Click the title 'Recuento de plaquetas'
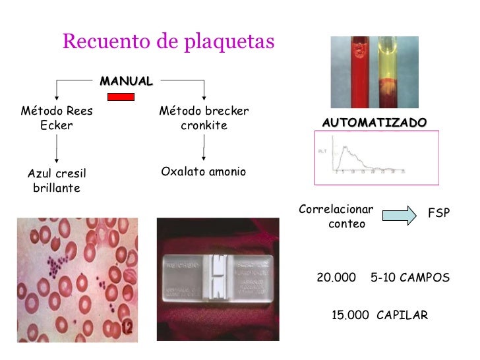click(x=168, y=42)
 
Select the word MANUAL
click(x=126, y=81)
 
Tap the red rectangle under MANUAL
click(x=121, y=97)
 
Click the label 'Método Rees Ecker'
click(x=57, y=118)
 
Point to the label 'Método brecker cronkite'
click(x=204, y=118)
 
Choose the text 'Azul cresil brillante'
click(x=57, y=181)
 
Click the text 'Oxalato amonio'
click(x=203, y=172)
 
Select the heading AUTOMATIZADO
click(x=374, y=123)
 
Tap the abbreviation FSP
click(x=438, y=214)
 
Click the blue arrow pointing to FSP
click(x=400, y=215)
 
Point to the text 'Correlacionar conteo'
click(x=336, y=217)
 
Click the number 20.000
click(x=336, y=278)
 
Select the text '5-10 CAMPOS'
click(x=410, y=278)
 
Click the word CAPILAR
click(x=402, y=315)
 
